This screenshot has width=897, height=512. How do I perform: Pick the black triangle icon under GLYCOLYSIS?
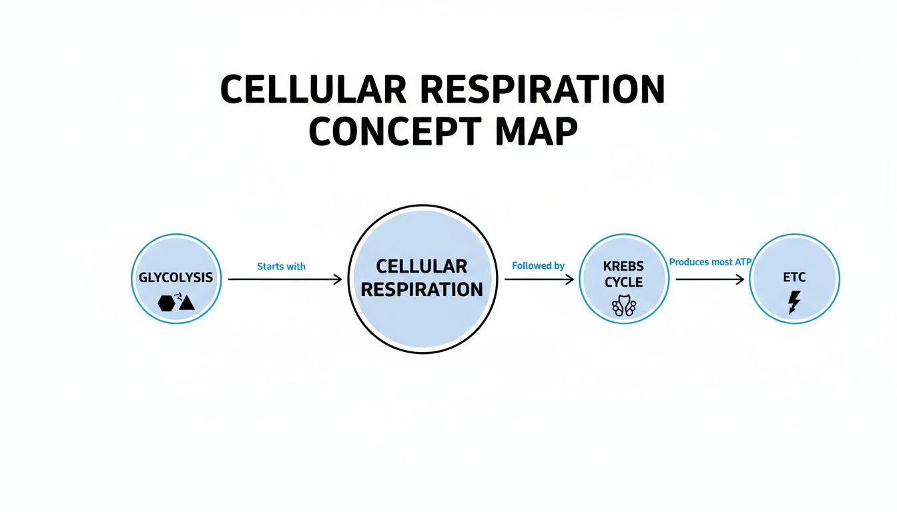(186, 303)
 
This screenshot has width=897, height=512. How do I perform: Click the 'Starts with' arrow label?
(281, 266)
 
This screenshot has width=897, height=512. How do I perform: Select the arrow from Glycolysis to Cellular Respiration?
(285, 280)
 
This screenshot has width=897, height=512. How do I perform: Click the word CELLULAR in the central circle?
(421, 266)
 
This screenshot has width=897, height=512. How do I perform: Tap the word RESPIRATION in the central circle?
(421, 289)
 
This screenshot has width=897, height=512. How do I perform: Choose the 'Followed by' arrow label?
(538, 265)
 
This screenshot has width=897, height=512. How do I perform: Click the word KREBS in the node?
(624, 267)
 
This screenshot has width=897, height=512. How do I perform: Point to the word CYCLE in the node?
(624, 282)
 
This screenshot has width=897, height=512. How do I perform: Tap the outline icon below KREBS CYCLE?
(624, 305)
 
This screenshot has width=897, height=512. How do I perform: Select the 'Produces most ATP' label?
(710, 262)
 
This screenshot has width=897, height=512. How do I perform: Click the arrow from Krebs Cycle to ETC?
(710, 280)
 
